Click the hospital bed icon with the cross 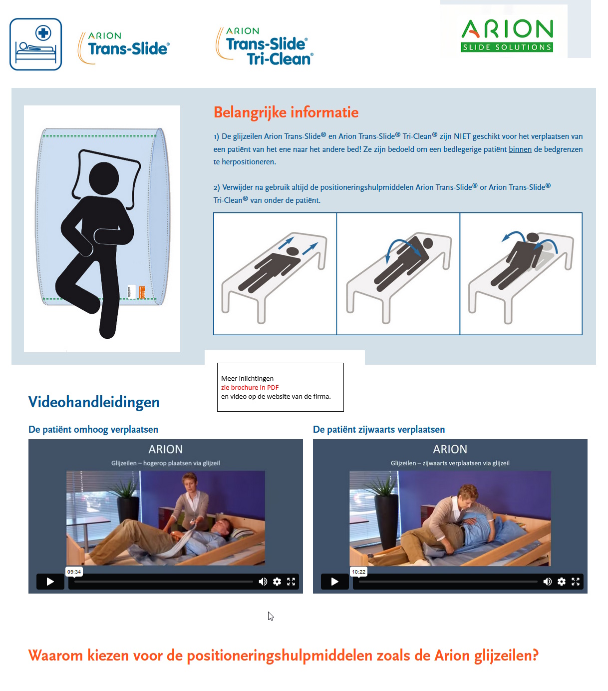coord(35,44)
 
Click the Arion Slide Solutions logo coord(507,35)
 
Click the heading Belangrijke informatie coord(286,112)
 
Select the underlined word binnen coord(520,149)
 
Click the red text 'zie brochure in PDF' coord(250,387)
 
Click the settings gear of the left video coord(277,582)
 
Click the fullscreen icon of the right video coord(576,582)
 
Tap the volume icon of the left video coord(263,582)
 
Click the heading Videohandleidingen coord(94,402)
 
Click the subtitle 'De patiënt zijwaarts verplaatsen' coord(378,430)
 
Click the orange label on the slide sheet coord(142,292)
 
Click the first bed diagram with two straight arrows coord(275,274)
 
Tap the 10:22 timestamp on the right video coord(358,572)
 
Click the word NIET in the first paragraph coord(462,136)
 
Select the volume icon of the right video coord(548,582)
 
